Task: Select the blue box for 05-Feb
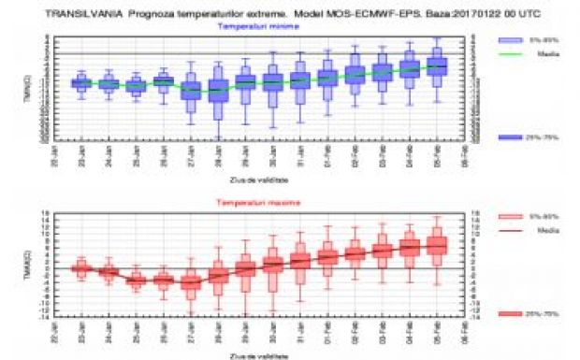pos(437,66)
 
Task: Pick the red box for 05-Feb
pos(437,245)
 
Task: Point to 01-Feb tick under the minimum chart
pos(327,155)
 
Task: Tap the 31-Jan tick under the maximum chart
pos(300,331)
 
